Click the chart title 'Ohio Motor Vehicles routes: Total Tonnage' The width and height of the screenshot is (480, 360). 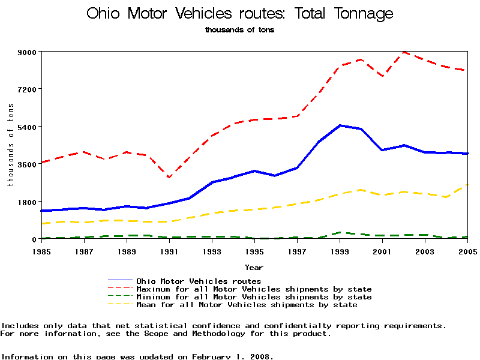point(240,13)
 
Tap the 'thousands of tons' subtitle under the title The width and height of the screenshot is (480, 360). point(239,29)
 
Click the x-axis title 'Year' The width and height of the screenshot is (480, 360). point(254,266)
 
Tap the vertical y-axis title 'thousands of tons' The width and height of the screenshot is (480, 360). point(11,145)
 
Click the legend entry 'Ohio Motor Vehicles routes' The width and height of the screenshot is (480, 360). point(199,281)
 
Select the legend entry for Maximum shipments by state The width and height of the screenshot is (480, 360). point(254,289)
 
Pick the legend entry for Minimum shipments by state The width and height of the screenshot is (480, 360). point(254,297)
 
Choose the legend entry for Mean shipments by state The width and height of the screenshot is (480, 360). point(247,305)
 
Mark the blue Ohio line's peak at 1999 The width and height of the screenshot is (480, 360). point(340,125)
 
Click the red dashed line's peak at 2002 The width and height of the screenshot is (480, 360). point(404,52)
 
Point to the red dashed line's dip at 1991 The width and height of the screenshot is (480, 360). point(169,178)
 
